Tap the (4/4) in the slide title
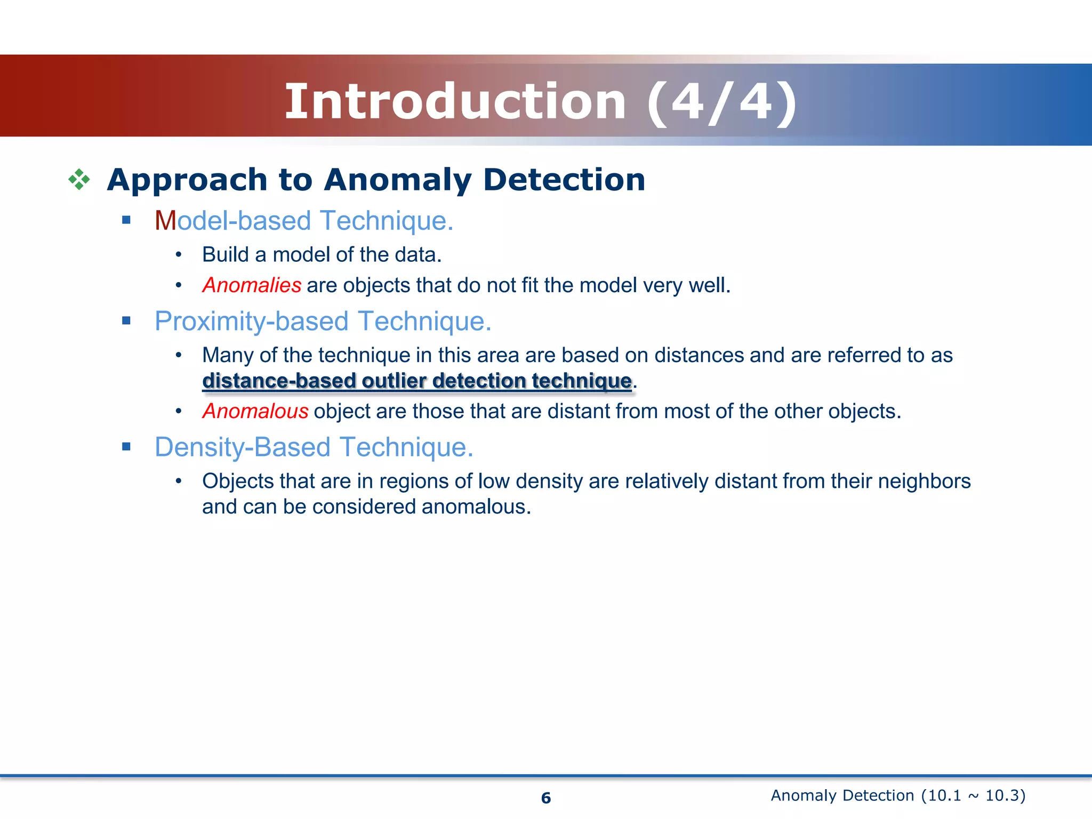(x=722, y=103)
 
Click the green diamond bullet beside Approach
(x=79, y=180)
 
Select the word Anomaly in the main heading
(x=398, y=180)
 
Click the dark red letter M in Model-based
(x=165, y=221)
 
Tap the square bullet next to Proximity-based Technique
(x=126, y=320)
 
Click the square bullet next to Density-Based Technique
(x=126, y=446)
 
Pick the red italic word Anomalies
(x=252, y=285)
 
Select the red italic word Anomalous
(x=255, y=411)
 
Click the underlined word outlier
(x=394, y=381)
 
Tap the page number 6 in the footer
(x=546, y=798)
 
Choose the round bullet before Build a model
(x=179, y=255)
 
